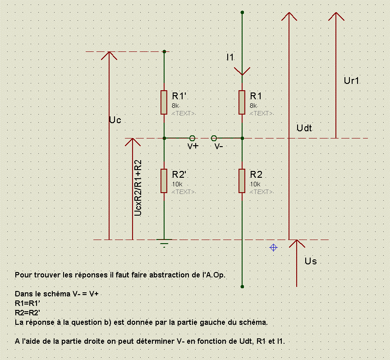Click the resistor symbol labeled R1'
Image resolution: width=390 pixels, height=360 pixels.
click(164, 102)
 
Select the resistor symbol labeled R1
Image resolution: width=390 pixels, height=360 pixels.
click(242, 102)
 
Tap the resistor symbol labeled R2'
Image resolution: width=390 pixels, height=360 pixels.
click(164, 180)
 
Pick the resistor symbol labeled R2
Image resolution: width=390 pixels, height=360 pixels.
click(242, 180)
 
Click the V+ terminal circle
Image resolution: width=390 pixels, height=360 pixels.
click(192, 138)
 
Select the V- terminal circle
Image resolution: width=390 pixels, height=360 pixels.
click(214, 138)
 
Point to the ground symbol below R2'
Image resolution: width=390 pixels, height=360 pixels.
click(164, 243)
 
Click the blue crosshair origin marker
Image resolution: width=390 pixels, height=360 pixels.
click(273, 247)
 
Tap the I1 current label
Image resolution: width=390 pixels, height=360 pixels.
click(230, 58)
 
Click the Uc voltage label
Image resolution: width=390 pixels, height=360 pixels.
click(115, 120)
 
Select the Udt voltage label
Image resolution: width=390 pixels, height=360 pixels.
click(304, 128)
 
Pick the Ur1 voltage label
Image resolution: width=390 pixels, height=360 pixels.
click(351, 81)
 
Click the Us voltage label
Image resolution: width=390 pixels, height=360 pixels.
click(311, 261)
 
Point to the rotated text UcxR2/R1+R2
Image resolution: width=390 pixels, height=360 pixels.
click(138, 187)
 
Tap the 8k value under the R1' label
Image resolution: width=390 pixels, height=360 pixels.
click(176, 106)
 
